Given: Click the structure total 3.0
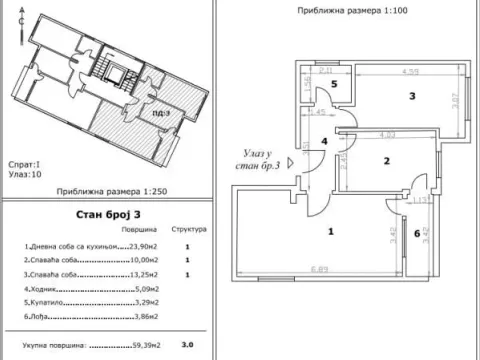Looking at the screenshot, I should pyautogui.click(x=186, y=345).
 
